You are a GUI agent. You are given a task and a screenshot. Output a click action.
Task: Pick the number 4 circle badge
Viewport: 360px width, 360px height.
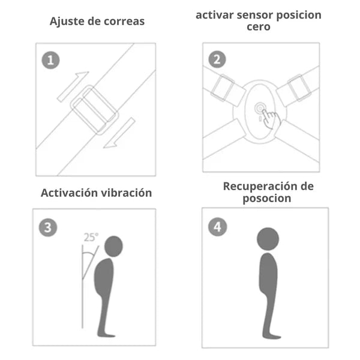(217, 226)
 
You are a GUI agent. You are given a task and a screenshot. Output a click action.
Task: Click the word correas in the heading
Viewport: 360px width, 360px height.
(123, 22)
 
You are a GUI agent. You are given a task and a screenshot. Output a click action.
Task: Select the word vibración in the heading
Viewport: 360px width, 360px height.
(125, 193)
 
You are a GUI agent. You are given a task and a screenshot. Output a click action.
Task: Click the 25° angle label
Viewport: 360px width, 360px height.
(91, 237)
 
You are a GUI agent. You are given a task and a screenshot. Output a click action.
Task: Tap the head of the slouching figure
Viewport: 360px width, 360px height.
(113, 245)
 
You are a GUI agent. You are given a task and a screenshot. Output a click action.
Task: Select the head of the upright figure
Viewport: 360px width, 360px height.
(268, 238)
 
